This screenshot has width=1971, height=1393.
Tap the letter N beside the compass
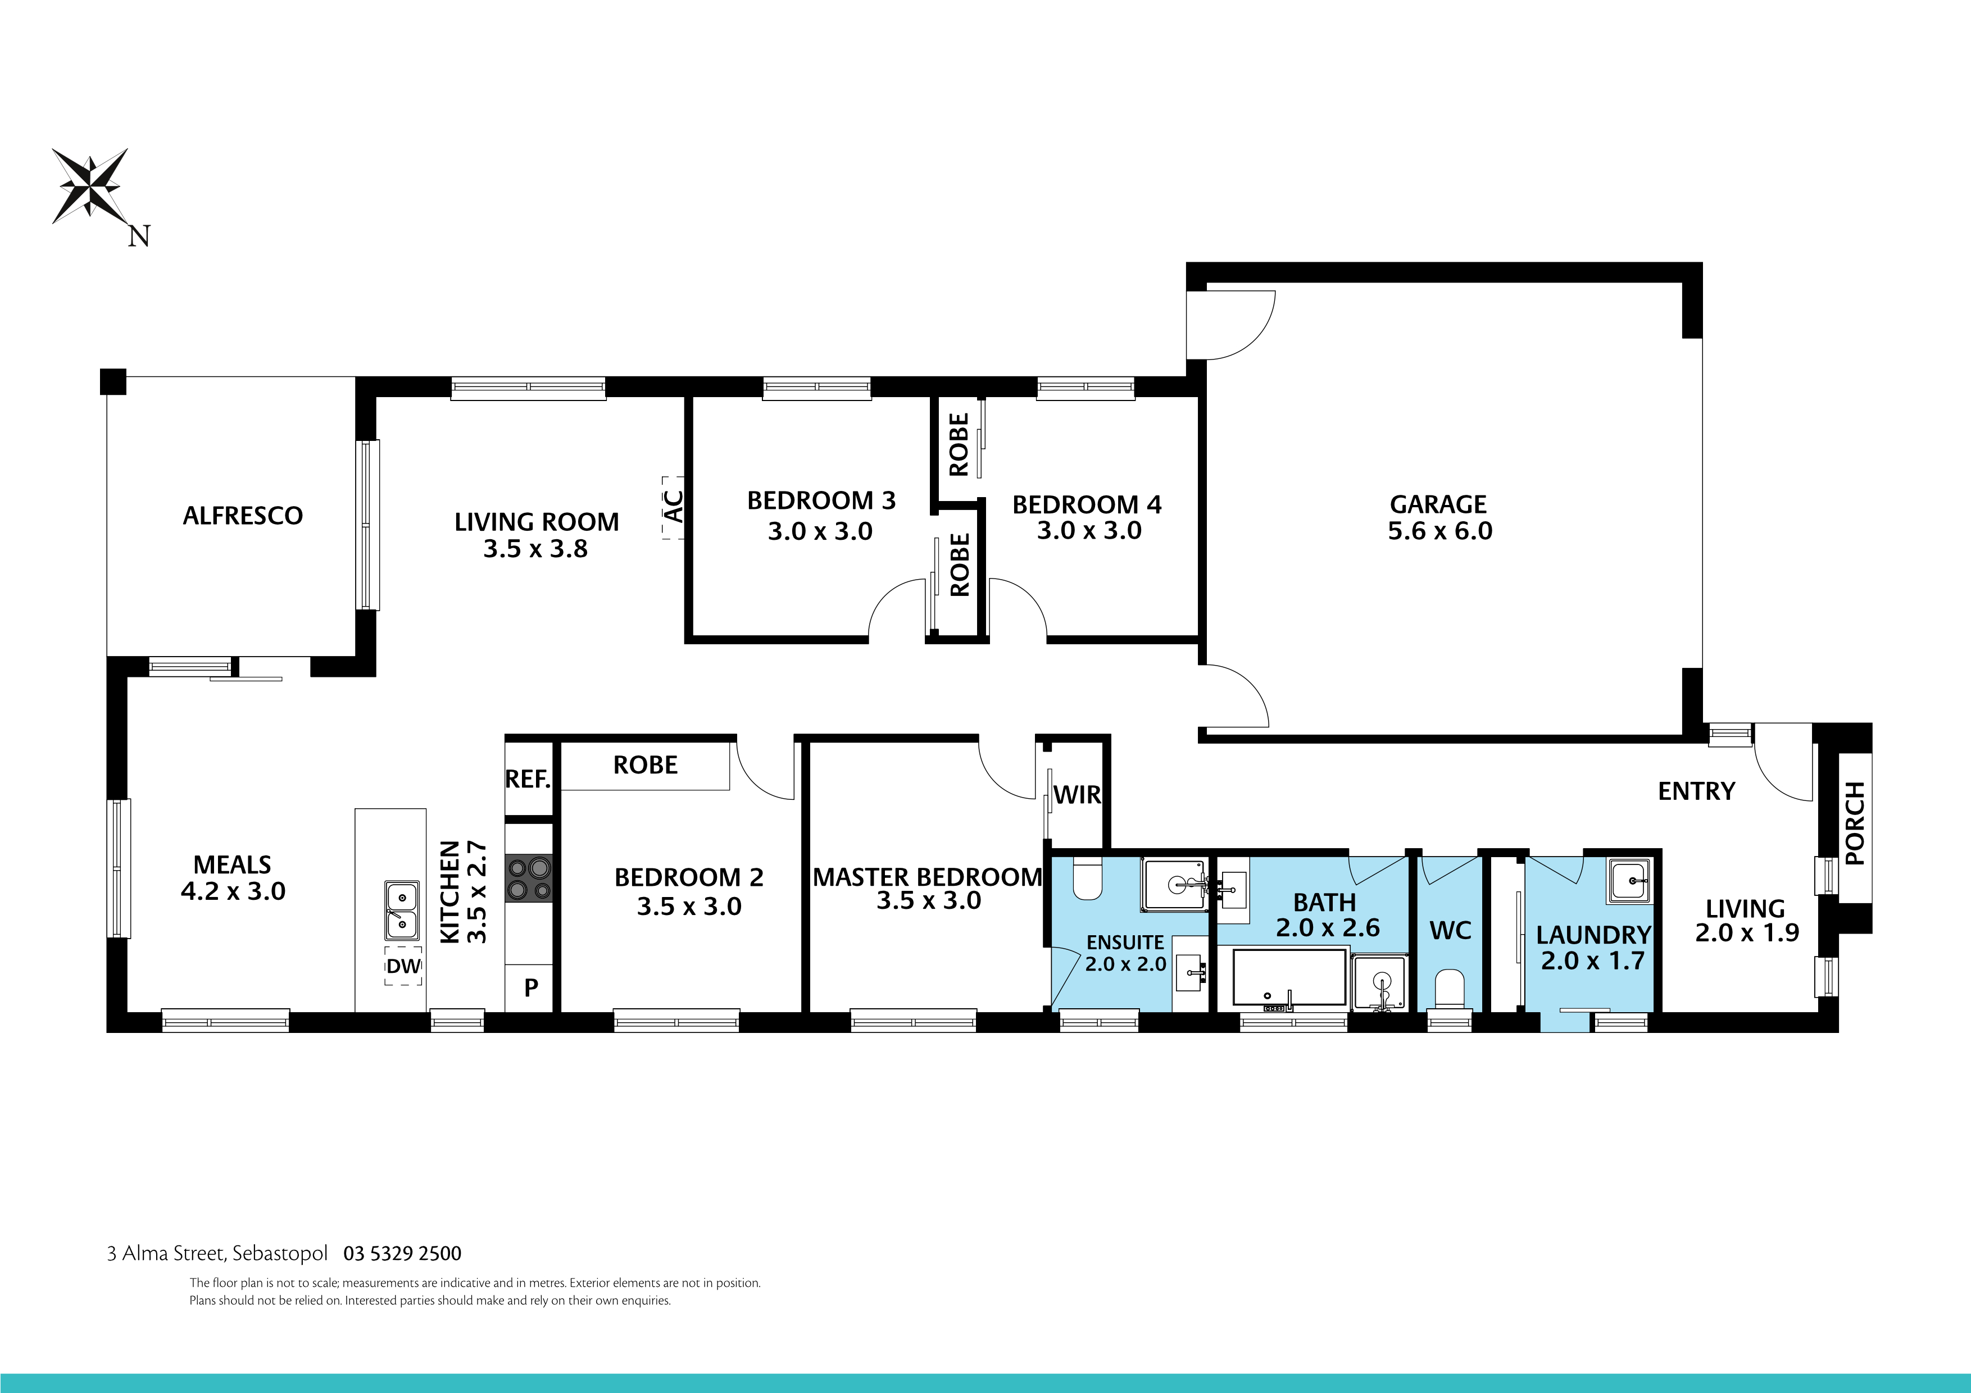(x=139, y=236)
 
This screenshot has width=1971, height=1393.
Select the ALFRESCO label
(x=243, y=516)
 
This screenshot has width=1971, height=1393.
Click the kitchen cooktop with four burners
(x=529, y=878)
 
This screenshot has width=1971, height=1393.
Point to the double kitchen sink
(x=401, y=910)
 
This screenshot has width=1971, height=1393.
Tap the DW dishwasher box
(x=403, y=966)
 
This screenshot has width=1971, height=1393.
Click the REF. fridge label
(x=527, y=779)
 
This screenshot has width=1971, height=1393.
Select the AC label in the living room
(x=674, y=507)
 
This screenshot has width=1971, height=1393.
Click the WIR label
(x=1077, y=795)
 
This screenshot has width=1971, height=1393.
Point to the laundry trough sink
(x=1628, y=881)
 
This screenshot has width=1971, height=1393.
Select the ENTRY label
(x=1696, y=791)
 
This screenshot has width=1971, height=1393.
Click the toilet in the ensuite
(x=1087, y=879)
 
